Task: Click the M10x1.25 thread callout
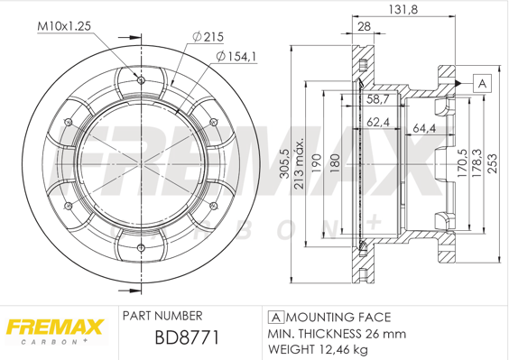(x=64, y=26)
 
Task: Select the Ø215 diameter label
(x=208, y=37)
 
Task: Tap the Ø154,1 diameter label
(x=236, y=57)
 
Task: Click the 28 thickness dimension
(x=364, y=26)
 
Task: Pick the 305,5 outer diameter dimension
(x=284, y=163)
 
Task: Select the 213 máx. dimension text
(x=299, y=163)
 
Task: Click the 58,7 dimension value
(x=378, y=99)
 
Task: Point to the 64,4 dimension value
(x=424, y=128)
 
